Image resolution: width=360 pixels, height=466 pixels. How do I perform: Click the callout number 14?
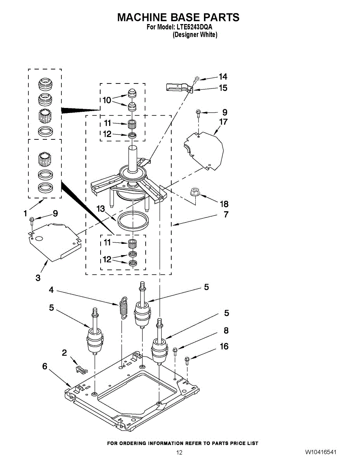click(223, 77)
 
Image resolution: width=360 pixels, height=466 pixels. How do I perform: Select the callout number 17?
click(223, 122)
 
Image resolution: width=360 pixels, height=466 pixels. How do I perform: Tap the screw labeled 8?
click(175, 351)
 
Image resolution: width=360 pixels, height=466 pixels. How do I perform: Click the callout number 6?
click(45, 366)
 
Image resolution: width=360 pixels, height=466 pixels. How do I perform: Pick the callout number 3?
click(38, 278)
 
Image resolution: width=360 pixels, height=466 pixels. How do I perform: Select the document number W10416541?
click(320, 452)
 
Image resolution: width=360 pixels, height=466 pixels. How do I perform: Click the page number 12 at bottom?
click(179, 452)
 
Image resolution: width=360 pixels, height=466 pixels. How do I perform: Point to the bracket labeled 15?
click(178, 88)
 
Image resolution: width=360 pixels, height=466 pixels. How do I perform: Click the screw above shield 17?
click(198, 113)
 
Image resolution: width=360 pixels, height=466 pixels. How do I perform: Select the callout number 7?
click(226, 214)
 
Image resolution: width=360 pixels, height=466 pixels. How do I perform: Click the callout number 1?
click(25, 213)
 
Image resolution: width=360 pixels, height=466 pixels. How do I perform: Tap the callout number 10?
click(107, 100)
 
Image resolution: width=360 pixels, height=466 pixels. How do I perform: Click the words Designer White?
click(195, 35)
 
